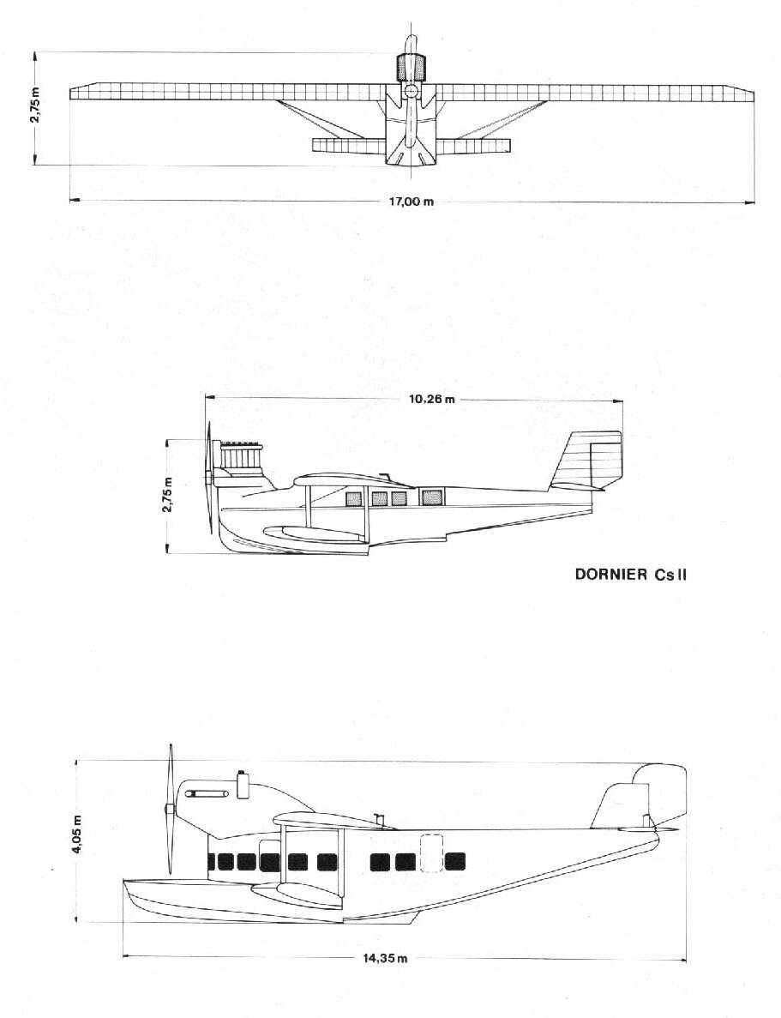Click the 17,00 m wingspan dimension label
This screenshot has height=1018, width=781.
(411, 202)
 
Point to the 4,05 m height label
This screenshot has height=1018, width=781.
(78, 834)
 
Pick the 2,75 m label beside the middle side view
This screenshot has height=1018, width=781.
(168, 495)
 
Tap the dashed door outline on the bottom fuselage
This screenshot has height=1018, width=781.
(431, 852)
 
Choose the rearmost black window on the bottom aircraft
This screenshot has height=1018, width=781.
(455, 862)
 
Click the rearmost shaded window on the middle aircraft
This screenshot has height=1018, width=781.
(432, 498)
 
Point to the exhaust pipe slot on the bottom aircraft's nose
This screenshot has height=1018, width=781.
(207, 793)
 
